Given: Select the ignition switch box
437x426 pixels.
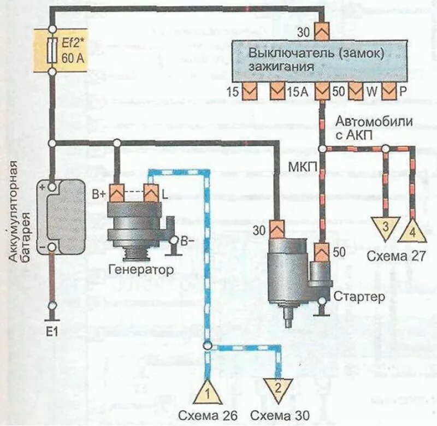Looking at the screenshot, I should tap(322, 61).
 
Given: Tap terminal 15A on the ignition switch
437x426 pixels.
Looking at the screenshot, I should tap(278, 91).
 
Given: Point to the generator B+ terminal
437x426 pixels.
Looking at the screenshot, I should tap(116, 193).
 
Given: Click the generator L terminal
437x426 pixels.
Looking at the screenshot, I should tap(151, 193).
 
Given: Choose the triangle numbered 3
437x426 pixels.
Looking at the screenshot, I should tap(385, 227).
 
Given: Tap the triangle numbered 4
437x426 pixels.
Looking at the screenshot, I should tap(413, 233).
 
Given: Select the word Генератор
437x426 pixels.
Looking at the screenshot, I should tap(141, 270).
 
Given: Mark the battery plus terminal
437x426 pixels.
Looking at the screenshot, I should tap(52, 187).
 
